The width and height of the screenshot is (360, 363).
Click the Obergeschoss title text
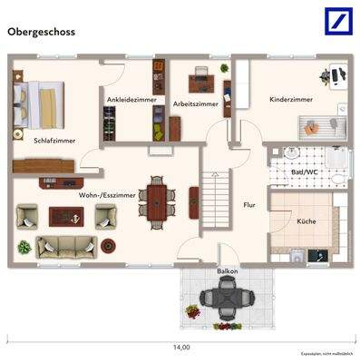point(42,31)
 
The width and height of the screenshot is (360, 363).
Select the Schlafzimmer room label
point(54,141)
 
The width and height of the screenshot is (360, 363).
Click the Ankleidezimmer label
point(131,99)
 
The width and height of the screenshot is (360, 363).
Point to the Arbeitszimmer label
point(195,104)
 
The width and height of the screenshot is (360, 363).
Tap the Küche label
point(306,221)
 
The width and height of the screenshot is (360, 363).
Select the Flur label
point(249,205)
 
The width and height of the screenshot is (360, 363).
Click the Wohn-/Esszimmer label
point(108,194)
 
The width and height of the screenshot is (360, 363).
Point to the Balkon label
point(227,271)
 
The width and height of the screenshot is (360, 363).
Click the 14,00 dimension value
point(181,347)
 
